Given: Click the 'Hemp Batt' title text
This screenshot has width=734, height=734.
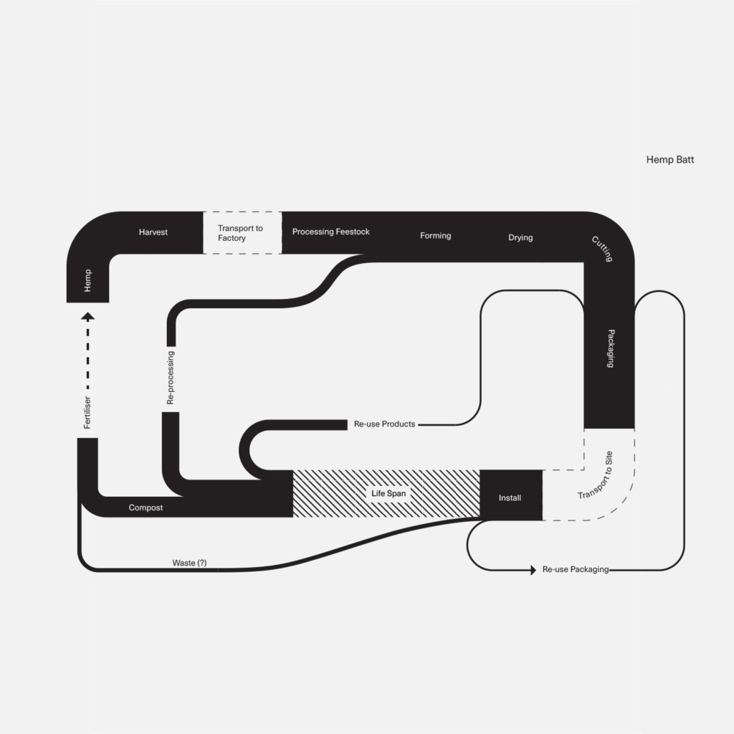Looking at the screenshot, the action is click(x=669, y=160).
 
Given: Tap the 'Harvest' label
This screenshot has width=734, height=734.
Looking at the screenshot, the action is click(x=153, y=232).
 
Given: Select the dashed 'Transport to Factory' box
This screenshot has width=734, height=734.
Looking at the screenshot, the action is click(x=242, y=233).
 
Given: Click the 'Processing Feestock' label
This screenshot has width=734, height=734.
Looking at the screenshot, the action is click(x=331, y=232).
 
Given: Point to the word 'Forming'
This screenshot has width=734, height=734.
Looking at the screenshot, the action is click(x=436, y=236).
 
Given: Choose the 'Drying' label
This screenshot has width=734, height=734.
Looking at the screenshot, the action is click(x=520, y=237).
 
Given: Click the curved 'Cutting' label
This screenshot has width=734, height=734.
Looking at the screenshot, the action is click(x=603, y=248).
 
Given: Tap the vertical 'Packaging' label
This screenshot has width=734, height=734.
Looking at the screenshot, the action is click(x=611, y=348).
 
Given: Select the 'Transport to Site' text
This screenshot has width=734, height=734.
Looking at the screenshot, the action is click(x=596, y=475).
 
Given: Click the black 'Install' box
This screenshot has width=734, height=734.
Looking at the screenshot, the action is click(x=510, y=497).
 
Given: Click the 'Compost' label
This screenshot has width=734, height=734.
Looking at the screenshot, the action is click(x=146, y=507).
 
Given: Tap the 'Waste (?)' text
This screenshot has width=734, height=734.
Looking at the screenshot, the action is click(x=189, y=563).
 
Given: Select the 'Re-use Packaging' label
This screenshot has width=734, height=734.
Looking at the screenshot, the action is click(x=576, y=569).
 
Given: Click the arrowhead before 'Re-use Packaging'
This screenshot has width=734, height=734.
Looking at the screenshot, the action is click(x=532, y=570).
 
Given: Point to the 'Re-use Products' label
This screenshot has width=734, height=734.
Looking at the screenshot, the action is click(x=384, y=424).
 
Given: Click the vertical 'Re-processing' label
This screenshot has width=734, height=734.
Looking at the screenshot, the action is click(x=171, y=378).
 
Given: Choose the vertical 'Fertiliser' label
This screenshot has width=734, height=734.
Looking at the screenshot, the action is click(x=87, y=412).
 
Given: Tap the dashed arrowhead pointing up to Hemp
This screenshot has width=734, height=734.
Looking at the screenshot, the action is click(x=87, y=317).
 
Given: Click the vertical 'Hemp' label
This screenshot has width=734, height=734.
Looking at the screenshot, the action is click(x=87, y=280).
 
